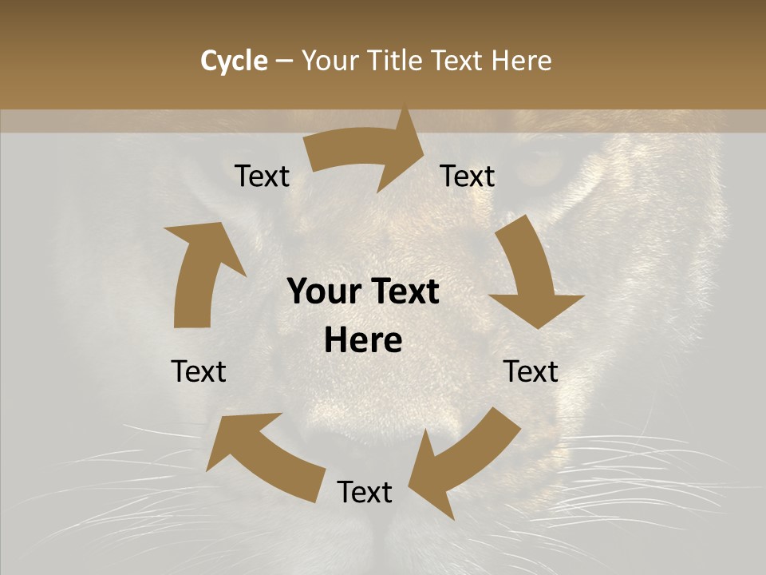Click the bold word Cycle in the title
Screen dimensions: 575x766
click(233, 61)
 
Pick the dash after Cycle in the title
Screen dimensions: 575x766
click(284, 61)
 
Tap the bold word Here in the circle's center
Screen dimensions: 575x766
click(363, 341)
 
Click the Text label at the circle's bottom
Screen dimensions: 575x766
click(365, 492)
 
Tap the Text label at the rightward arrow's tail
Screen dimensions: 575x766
click(263, 176)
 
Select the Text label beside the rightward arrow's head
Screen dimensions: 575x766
click(468, 176)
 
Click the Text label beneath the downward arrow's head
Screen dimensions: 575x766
click(531, 371)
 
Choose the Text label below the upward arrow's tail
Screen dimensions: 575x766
click(199, 371)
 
